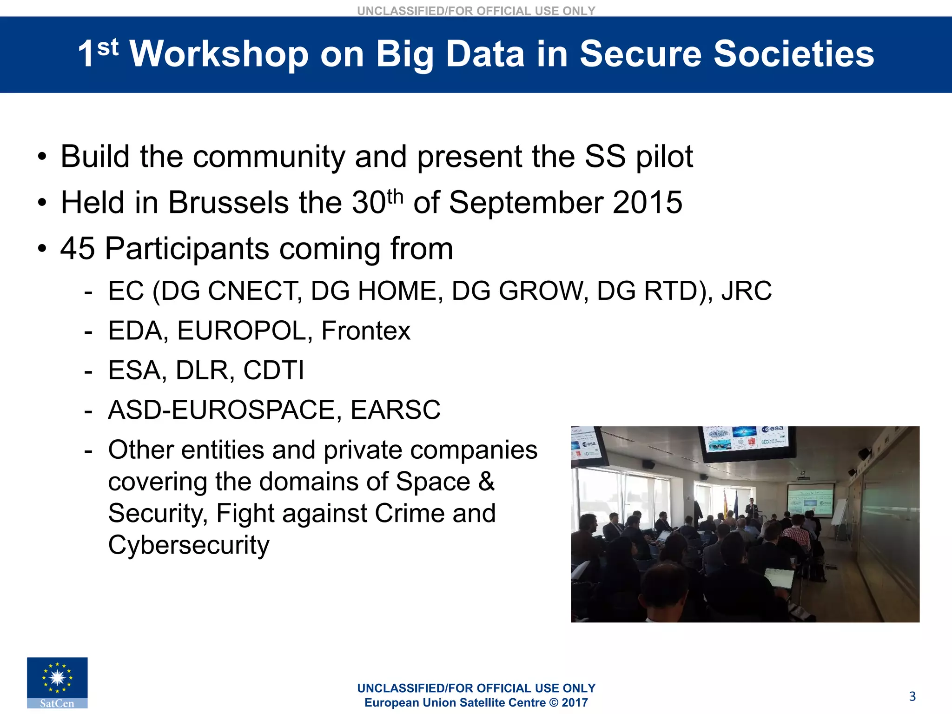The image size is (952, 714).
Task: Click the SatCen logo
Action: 57,682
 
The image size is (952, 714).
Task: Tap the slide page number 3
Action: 912,696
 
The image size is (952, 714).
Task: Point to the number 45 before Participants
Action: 78,249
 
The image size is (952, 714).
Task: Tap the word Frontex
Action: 366,331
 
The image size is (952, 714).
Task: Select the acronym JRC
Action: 746,291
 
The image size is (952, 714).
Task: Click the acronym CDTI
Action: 273,370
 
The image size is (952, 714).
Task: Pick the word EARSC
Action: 395,410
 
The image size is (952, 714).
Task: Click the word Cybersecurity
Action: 189,545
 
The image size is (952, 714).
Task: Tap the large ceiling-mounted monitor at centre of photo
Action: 746,442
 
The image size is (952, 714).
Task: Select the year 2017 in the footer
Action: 575,703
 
